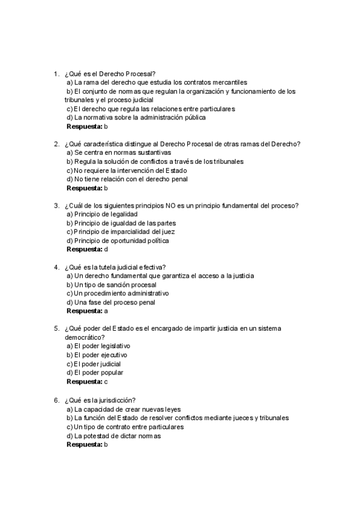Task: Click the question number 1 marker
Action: (56, 73)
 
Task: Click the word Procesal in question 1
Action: (140, 73)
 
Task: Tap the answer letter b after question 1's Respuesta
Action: (106, 127)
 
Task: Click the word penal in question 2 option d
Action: (179, 179)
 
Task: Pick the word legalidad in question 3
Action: (122, 214)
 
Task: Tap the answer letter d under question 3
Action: (106, 249)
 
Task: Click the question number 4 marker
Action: (56, 267)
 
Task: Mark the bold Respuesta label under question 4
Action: (84, 312)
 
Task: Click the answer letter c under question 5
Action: (106, 382)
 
